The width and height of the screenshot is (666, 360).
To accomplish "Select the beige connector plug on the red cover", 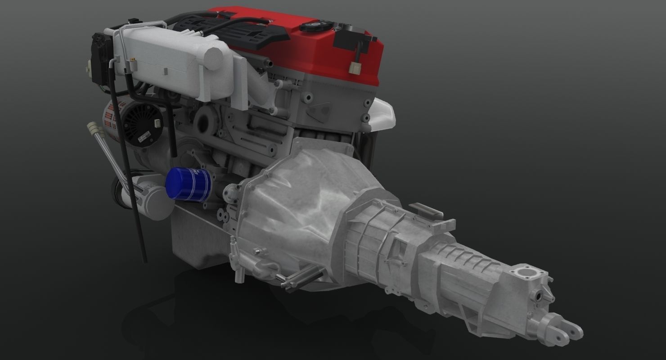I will [354, 67].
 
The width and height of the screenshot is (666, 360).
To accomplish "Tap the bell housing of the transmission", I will [297, 202].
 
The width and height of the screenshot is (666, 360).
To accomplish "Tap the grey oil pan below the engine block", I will [198, 243].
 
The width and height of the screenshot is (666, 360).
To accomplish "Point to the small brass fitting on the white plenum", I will [134, 59].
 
